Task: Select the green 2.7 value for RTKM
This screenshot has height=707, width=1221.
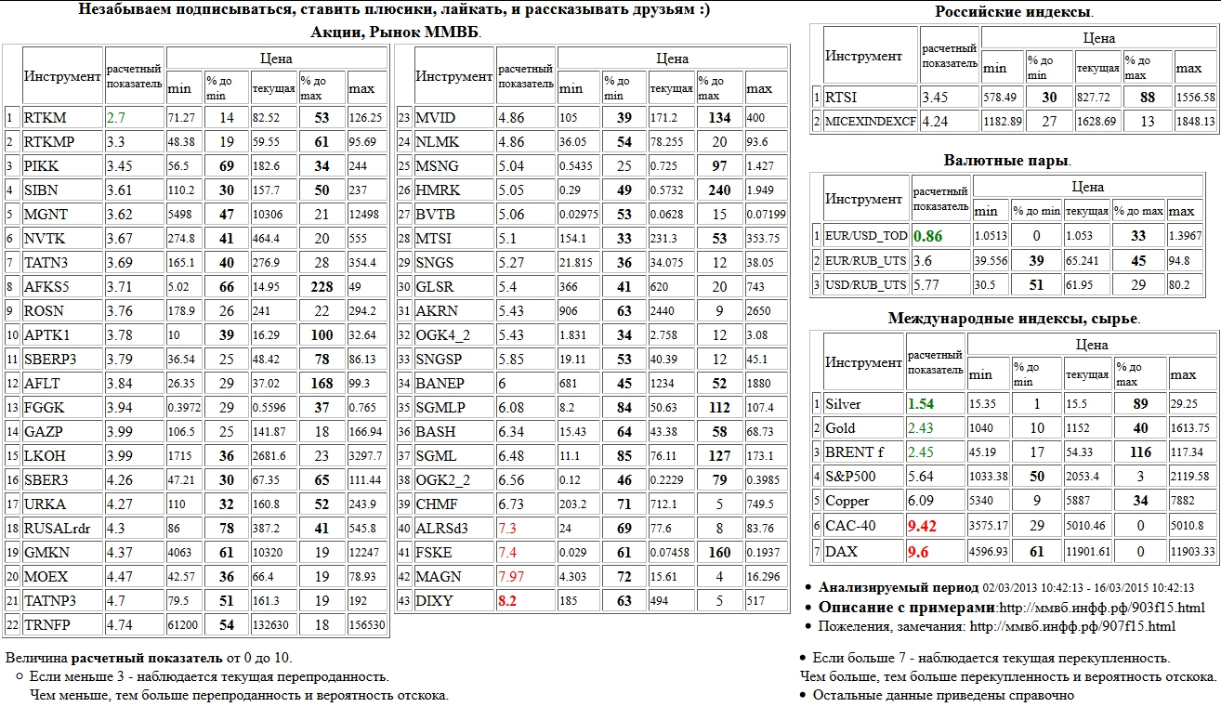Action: pyautogui.click(x=116, y=118)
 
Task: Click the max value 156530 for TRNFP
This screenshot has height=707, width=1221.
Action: pyautogui.click(x=367, y=625)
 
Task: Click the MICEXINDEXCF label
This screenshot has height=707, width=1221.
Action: pyautogui.click(x=869, y=121)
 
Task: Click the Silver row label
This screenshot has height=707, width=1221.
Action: pyautogui.click(x=844, y=404)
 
